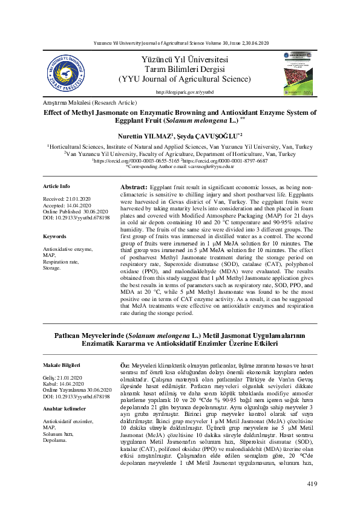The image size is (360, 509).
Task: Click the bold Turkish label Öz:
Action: (126, 366)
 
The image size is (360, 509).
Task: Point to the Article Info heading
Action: (57, 186)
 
